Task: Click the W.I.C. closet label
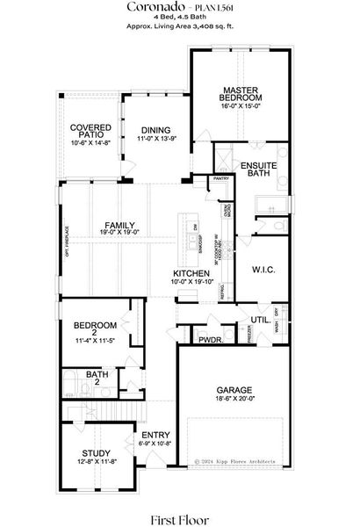[264, 268]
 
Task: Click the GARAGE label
[235, 389]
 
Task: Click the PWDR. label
[208, 339]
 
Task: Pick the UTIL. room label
[260, 320]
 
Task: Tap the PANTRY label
[221, 179]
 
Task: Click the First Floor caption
[179, 513]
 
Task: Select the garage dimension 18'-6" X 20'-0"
[234, 398]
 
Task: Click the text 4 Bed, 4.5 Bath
[179, 18]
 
